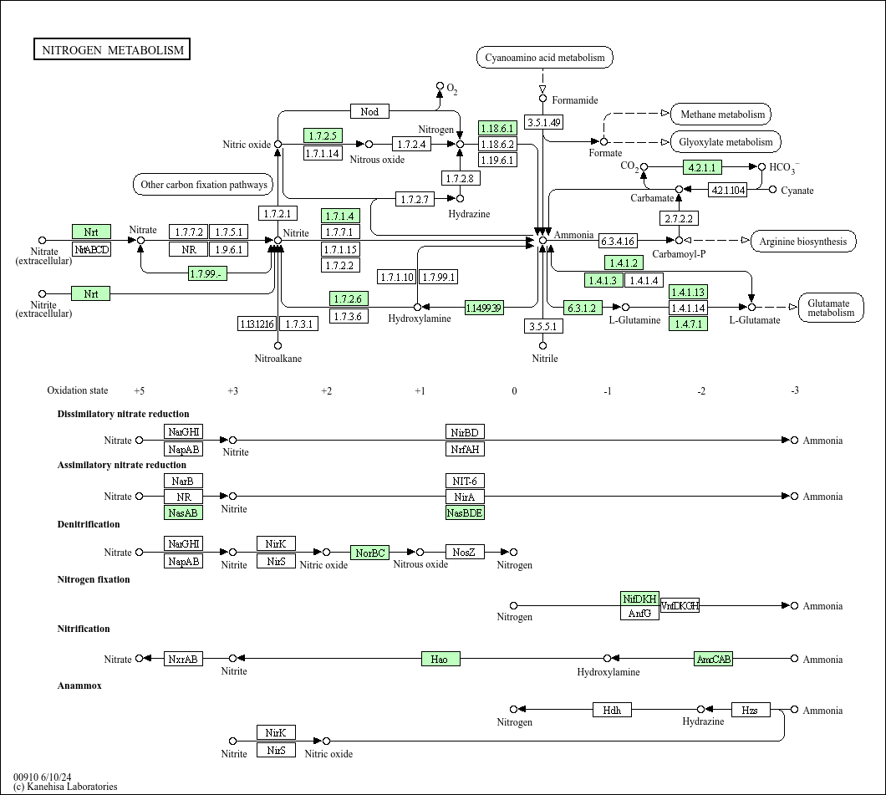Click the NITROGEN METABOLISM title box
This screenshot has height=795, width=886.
pyautogui.click(x=112, y=50)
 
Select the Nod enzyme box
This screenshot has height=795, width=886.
pyautogui.click(x=369, y=112)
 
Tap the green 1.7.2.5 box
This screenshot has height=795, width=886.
pyautogui.click(x=323, y=135)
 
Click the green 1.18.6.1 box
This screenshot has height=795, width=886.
pyautogui.click(x=497, y=128)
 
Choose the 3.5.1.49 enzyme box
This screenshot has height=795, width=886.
pyautogui.click(x=543, y=122)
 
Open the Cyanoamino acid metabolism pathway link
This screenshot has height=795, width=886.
pyautogui.click(x=545, y=58)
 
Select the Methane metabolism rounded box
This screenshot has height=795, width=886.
pyautogui.click(x=722, y=115)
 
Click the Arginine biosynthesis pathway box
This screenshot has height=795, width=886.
pyautogui.click(x=803, y=242)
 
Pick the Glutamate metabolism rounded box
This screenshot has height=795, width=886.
pyautogui.click(x=830, y=308)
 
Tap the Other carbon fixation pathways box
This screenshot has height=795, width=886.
pyautogui.click(x=204, y=185)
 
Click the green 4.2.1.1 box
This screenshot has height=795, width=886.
pyautogui.click(x=703, y=167)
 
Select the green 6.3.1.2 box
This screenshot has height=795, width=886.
pyautogui.click(x=583, y=308)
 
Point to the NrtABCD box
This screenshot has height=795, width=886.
pyautogui.click(x=91, y=249)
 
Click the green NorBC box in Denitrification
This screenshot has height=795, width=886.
pyautogui.click(x=369, y=553)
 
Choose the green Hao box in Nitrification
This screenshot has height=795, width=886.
pyautogui.click(x=440, y=660)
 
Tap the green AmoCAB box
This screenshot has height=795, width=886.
pyautogui.click(x=714, y=660)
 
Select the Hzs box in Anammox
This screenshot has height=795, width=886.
pyautogui.click(x=751, y=711)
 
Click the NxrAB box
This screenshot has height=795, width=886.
pyautogui.click(x=183, y=660)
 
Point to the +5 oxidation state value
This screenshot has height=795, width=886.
pyautogui.click(x=139, y=390)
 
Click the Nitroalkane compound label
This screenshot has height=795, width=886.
pyautogui.click(x=278, y=359)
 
